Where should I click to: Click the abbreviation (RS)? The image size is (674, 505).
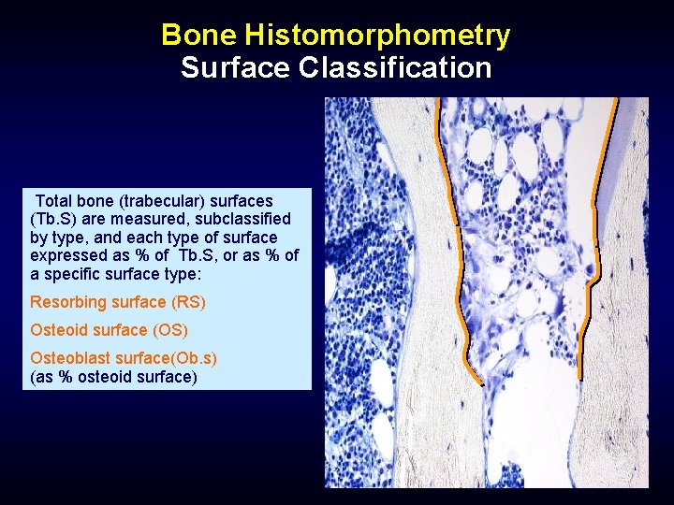187,302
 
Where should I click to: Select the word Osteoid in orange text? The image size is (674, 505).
59,330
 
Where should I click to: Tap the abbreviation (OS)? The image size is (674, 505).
169,330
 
